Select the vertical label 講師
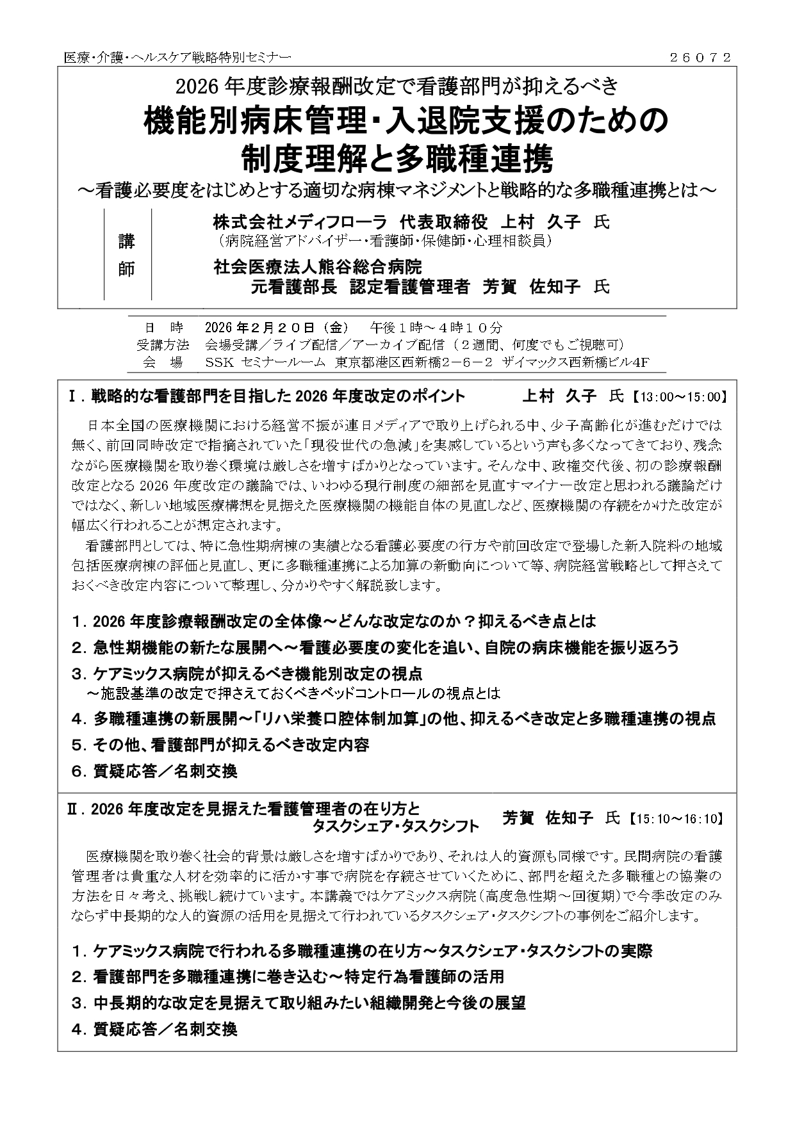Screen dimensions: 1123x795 click(x=127, y=255)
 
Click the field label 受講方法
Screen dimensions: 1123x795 click(x=159, y=345)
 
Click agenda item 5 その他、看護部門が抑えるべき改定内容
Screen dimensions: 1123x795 click(x=220, y=745)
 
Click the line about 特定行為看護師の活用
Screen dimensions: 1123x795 click(x=288, y=976)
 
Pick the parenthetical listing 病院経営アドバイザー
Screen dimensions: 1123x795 click(x=384, y=241)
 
